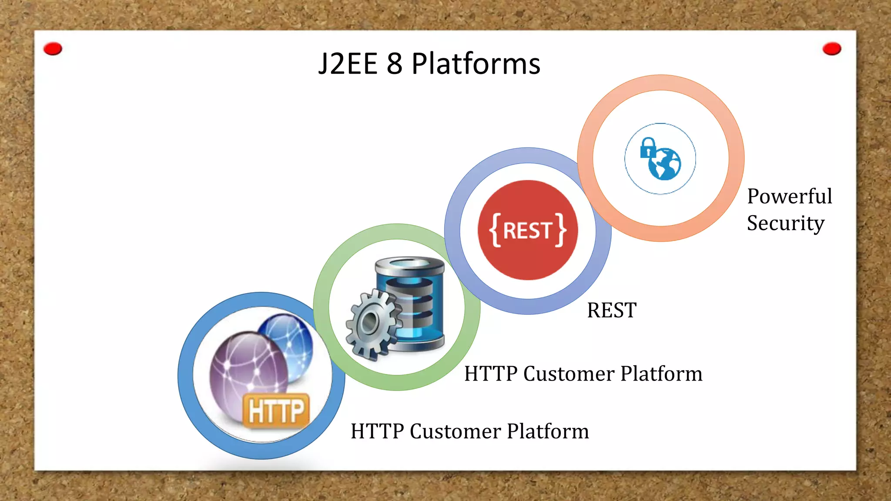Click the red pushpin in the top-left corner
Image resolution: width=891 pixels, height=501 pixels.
click(x=53, y=49)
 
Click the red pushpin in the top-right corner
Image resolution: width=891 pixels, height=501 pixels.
click(x=831, y=49)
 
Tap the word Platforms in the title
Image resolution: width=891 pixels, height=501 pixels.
click(x=476, y=64)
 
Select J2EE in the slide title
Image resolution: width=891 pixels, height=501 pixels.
click(x=348, y=64)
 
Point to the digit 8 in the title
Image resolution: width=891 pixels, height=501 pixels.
click(x=394, y=64)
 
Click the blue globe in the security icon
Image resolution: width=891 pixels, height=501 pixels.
click(x=664, y=164)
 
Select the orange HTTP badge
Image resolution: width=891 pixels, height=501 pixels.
click(x=276, y=410)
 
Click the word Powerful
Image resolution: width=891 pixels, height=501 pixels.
click(x=789, y=196)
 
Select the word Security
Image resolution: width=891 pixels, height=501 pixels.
click(x=785, y=223)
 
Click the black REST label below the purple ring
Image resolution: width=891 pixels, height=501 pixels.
click(x=611, y=311)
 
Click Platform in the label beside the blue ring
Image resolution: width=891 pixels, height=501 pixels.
click(x=548, y=431)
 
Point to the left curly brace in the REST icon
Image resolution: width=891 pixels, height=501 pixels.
click(x=495, y=230)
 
